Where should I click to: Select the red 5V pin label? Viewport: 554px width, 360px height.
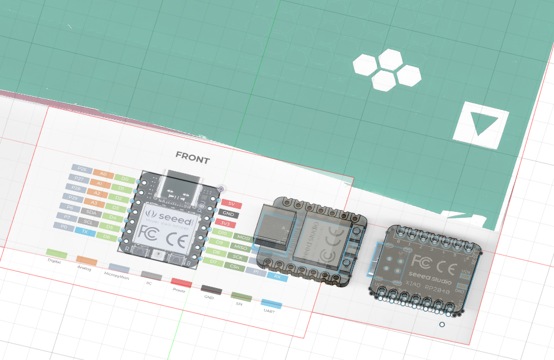231,204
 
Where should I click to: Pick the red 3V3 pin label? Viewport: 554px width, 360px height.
226,224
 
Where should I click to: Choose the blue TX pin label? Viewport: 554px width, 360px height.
84,232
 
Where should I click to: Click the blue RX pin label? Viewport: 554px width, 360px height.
277,276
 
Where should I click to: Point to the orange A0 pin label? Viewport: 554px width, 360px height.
103,174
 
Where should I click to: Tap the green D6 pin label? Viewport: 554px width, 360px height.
106,237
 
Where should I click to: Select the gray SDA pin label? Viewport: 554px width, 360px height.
91,212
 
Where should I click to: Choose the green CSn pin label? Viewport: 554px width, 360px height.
235,267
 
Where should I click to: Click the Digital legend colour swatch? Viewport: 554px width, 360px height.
57,253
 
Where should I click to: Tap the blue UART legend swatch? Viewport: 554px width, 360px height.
271,303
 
